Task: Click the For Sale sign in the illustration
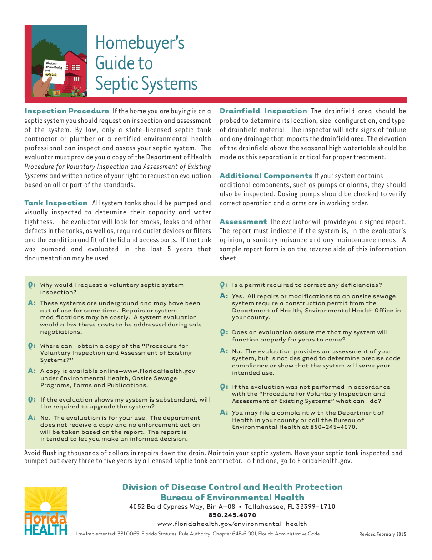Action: coord(57,93)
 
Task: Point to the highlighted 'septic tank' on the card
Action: coord(51,75)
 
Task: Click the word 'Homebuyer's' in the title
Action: coord(140,43)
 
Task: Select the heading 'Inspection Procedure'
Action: coord(66,111)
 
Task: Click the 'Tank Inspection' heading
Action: coord(55,203)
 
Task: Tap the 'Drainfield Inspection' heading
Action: coord(263,111)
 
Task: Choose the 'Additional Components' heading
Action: coord(266,176)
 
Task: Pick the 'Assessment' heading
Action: coord(243,222)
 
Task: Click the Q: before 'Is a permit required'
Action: coord(223,285)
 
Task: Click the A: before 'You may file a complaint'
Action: coord(223,412)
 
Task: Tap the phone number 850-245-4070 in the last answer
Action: coord(336,427)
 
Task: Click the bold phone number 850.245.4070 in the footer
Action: coord(232,515)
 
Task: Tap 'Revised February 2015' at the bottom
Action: coord(382,535)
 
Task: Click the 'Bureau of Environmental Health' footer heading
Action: coord(232,497)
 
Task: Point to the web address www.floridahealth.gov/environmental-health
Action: coord(232,524)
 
